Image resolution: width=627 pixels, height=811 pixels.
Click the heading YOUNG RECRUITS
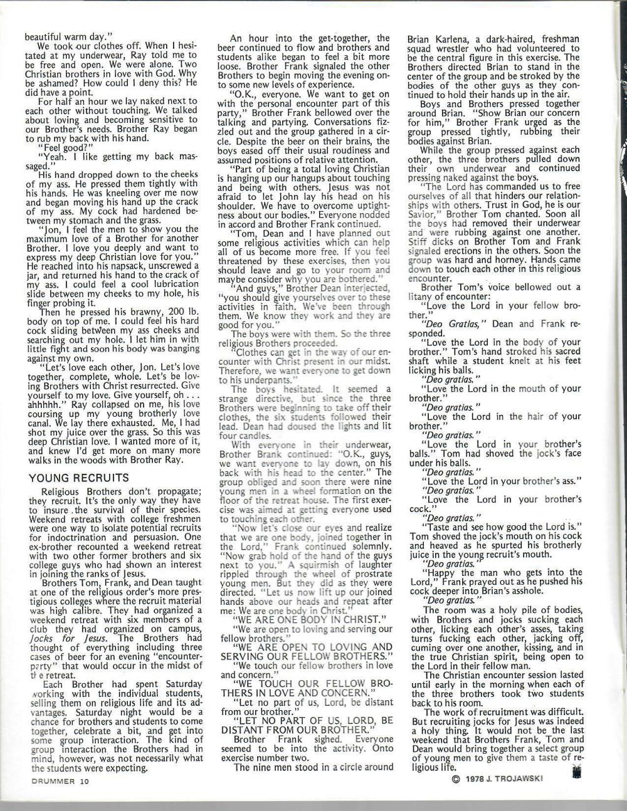[x=79, y=478]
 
